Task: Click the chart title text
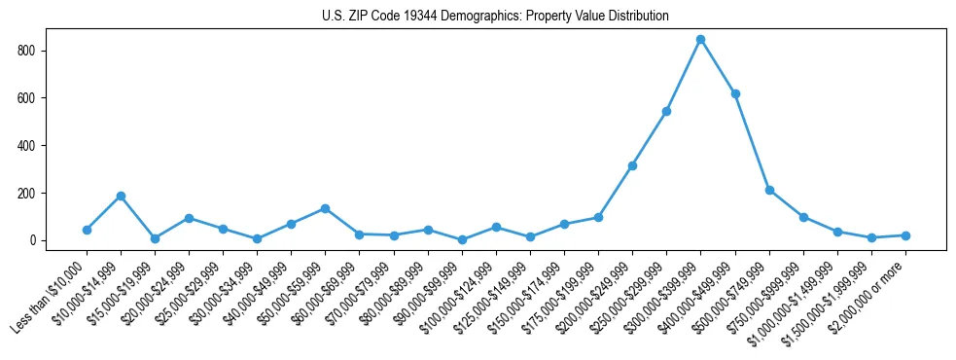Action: (x=495, y=17)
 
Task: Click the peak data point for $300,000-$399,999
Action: (x=700, y=40)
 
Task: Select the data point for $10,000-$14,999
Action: (x=121, y=197)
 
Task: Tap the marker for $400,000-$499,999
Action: (x=735, y=94)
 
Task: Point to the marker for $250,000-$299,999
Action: (x=666, y=112)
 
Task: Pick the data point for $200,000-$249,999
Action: (x=632, y=166)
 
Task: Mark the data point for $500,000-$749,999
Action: (x=769, y=191)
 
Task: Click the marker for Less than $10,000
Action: (x=87, y=231)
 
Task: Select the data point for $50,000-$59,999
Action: (x=325, y=209)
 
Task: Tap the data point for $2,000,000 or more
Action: (x=905, y=235)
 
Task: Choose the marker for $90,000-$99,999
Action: (x=462, y=240)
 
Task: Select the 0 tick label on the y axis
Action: (x=39, y=240)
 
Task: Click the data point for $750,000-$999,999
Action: (x=803, y=217)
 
